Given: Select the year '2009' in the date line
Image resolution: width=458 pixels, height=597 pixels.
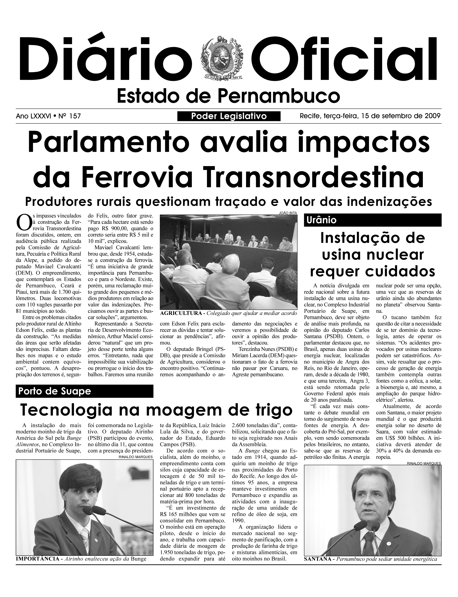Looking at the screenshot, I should pyautogui.click(x=432, y=116).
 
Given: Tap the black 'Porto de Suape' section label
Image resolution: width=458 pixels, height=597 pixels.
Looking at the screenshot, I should pyautogui.click(x=54, y=391).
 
